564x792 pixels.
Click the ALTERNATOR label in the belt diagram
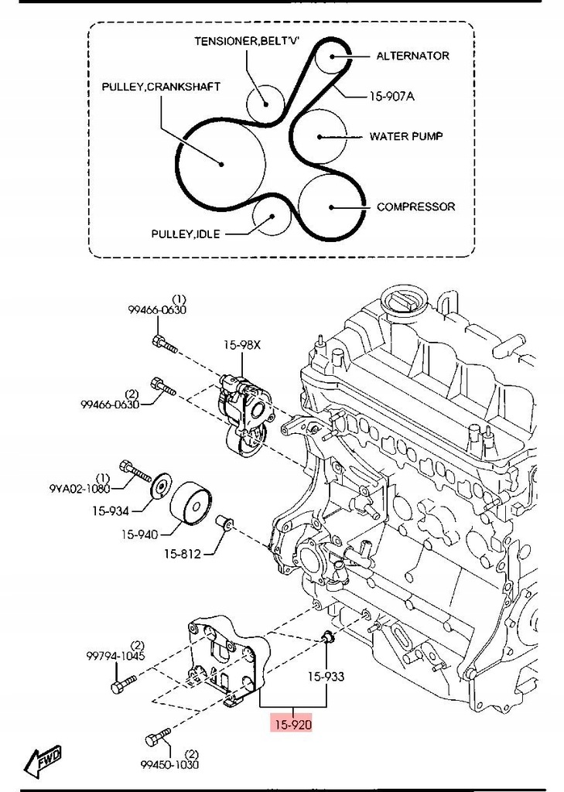412,56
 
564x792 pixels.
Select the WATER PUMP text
405,136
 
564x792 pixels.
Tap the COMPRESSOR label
415,207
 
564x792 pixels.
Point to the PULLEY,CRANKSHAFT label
161,87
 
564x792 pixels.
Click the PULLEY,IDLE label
186,233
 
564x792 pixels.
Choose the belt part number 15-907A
391,97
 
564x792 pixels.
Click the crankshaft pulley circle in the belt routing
221,163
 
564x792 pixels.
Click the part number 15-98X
244,346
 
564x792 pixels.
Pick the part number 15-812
183,554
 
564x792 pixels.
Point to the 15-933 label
326,676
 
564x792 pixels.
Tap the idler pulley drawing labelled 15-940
191,504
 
